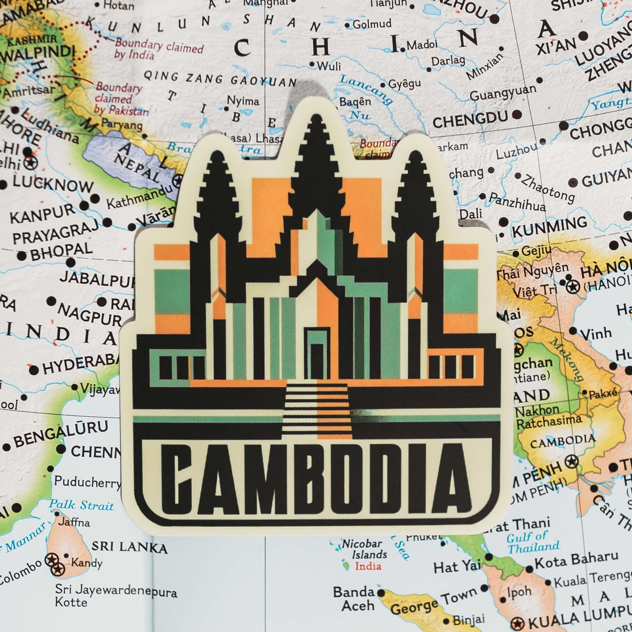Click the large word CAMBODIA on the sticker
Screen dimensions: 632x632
pyautogui.click(x=317, y=480)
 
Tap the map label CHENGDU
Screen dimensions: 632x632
pyautogui.click(x=470, y=120)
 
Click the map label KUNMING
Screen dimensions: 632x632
pyautogui.click(x=549, y=227)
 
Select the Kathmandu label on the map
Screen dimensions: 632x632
pyautogui.click(x=139, y=198)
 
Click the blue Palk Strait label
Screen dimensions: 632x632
pyautogui.click(x=81, y=505)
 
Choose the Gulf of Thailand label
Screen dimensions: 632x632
pyautogui.click(x=534, y=542)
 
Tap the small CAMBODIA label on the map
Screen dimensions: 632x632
pyautogui.click(x=562, y=442)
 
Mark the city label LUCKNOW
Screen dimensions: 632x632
pyautogui.click(x=53, y=183)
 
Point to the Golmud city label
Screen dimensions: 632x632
pyautogui.click(x=371, y=24)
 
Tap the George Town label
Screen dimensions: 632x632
pyautogui.click(x=433, y=602)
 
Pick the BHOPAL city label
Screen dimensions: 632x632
pyautogui.click(x=61, y=251)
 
